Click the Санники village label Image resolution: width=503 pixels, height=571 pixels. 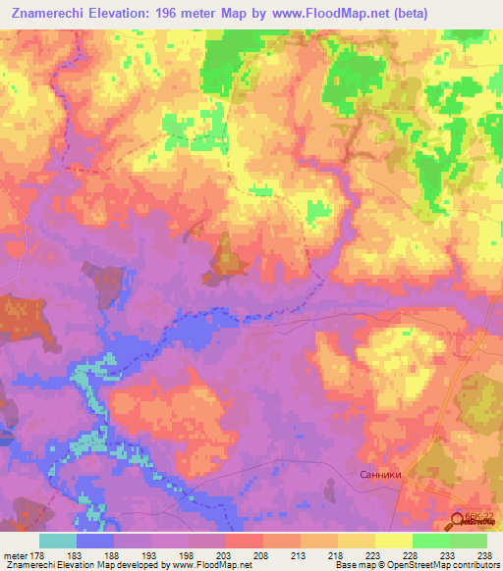[378, 474]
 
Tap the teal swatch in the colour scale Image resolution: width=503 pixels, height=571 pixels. [58, 541]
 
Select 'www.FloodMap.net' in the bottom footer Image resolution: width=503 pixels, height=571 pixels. [203, 565]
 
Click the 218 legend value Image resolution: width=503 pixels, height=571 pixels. [336, 553]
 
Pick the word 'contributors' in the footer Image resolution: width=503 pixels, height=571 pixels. [472, 565]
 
